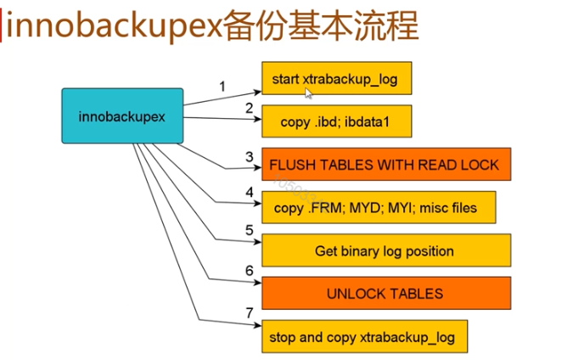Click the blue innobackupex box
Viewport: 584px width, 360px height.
click(122, 116)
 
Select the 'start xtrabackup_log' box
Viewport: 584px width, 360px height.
click(337, 78)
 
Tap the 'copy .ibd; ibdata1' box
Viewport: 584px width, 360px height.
click(337, 121)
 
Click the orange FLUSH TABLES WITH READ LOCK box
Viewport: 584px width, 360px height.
click(386, 165)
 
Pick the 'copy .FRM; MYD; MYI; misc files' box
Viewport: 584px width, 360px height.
click(379, 207)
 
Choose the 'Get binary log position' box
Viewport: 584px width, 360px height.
click(386, 250)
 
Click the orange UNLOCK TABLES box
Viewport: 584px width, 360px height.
click(386, 293)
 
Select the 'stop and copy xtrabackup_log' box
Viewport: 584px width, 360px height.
click(365, 336)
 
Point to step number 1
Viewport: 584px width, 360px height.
click(222, 87)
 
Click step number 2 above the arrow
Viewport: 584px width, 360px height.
click(250, 108)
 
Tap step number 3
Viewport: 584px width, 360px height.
click(250, 156)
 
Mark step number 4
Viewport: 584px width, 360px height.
click(250, 192)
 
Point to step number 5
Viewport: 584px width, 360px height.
click(250, 230)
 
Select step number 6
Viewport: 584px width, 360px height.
click(250, 271)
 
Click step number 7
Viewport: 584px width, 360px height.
click(250, 312)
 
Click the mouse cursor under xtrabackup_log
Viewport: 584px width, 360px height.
click(308, 93)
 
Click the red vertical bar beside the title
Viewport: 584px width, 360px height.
click(1, 25)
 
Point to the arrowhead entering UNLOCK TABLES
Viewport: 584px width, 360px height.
click(258, 283)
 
